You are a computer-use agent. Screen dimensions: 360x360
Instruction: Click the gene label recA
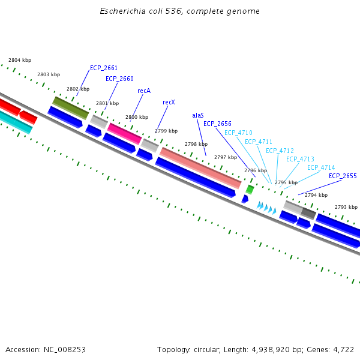point(144,91)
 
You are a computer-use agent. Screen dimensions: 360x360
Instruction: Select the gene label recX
point(169,103)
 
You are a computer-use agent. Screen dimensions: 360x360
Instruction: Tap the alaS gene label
point(198,115)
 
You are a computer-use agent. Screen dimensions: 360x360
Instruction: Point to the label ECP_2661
point(104,68)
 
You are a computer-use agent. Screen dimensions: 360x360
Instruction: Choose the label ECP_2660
point(119,79)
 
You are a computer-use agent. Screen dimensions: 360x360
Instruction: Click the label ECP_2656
point(217,124)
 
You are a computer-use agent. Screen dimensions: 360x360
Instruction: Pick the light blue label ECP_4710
point(238,133)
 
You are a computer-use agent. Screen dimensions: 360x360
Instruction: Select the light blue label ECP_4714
point(321,167)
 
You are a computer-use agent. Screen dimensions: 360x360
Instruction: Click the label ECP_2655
point(343,176)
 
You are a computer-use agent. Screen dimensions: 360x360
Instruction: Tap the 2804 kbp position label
point(20,60)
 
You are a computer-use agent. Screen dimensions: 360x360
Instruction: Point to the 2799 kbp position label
point(166,131)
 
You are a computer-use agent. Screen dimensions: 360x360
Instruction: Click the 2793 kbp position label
point(346,207)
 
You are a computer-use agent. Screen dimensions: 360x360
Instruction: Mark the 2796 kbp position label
point(255,170)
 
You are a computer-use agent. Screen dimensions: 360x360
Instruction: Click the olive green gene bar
point(71,107)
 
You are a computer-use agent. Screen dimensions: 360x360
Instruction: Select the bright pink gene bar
point(124,134)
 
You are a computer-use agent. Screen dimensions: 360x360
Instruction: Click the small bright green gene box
point(250,190)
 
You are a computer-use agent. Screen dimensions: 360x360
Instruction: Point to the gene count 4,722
point(343,349)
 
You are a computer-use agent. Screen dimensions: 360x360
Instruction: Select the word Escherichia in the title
point(122,11)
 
